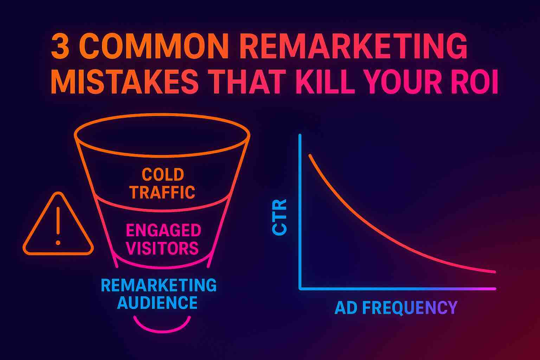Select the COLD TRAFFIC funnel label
162,183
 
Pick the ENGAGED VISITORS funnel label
163,239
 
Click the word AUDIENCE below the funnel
157,302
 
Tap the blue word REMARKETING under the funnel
159,285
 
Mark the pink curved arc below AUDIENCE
162,325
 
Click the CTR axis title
280,217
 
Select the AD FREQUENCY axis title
396,308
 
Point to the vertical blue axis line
300,211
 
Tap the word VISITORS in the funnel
162,248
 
